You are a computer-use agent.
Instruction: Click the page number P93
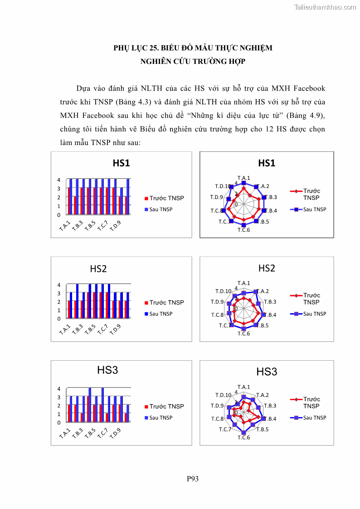(193, 478)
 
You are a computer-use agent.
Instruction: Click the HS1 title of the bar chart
(121, 163)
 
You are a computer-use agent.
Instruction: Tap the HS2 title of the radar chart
(267, 268)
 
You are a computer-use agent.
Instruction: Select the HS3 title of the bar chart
(107, 370)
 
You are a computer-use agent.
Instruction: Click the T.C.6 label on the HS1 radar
(244, 230)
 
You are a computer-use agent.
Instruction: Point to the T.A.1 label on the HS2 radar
(244, 283)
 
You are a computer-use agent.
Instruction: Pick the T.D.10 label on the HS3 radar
(224, 395)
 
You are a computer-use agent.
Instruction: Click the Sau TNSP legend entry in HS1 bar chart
(161, 209)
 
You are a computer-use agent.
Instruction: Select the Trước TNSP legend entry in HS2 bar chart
(166, 303)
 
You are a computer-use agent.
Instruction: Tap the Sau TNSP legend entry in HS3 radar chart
(315, 418)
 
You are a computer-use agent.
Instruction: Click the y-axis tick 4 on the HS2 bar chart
(59, 285)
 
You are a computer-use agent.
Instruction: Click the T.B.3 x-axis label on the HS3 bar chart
(78, 432)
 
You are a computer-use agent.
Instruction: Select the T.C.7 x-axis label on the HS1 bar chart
(103, 225)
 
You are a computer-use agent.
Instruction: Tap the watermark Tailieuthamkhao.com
(325, 7)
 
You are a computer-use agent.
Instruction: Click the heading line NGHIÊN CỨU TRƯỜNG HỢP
(193, 61)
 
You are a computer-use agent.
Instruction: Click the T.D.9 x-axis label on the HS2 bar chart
(115, 329)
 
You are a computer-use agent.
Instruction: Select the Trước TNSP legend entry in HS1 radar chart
(311, 194)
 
